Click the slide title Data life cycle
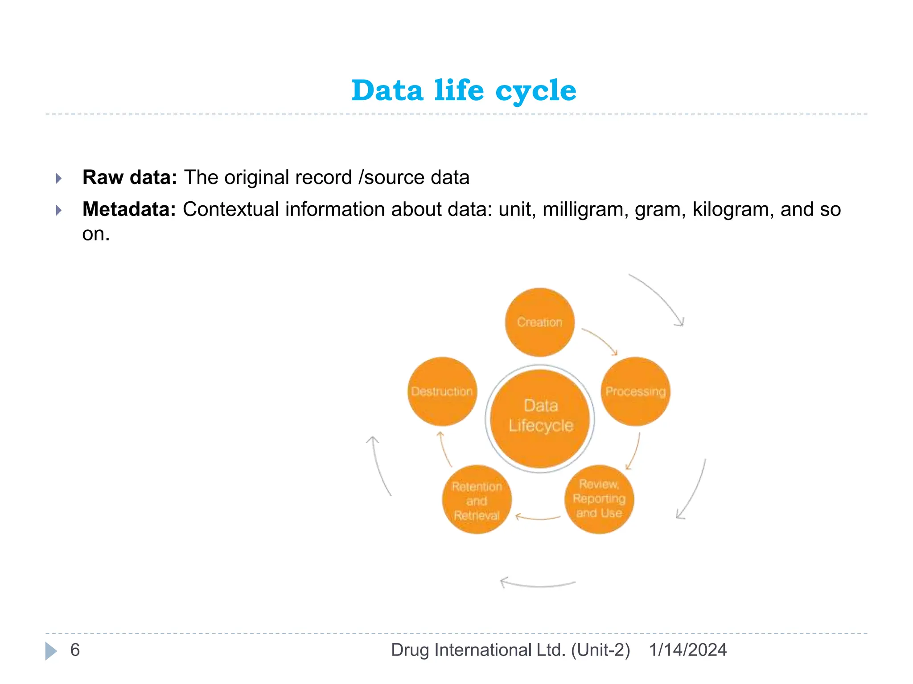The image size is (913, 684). click(464, 90)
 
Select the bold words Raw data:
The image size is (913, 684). click(130, 177)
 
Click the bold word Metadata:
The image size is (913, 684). click(129, 209)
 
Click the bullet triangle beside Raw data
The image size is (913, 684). click(59, 179)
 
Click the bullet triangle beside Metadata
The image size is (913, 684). click(59, 210)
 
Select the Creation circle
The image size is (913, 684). click(539, 322)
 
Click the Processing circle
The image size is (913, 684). click(635, 391)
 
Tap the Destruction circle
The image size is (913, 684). click(442, 391)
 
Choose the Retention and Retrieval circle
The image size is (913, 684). click(477, 500)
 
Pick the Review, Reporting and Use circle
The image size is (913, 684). click(599, 499)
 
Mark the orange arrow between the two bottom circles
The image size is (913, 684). click(538, 518)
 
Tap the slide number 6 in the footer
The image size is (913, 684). click(75, 650)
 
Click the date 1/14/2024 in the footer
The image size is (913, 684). click(687, 650)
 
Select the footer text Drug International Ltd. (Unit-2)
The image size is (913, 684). click(510, 650)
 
